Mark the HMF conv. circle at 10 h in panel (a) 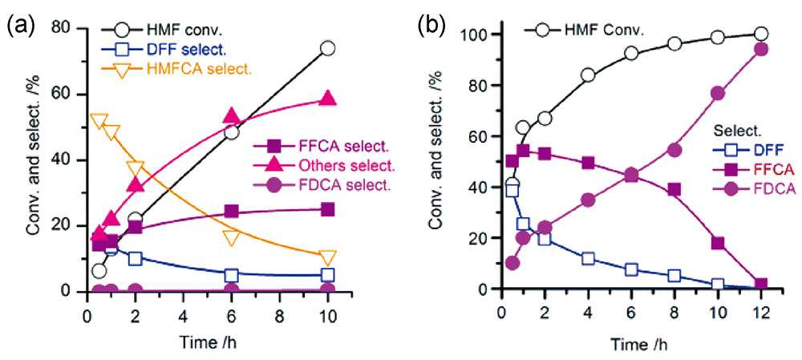327,48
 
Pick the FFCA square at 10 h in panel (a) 327,209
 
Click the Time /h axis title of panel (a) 207,342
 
